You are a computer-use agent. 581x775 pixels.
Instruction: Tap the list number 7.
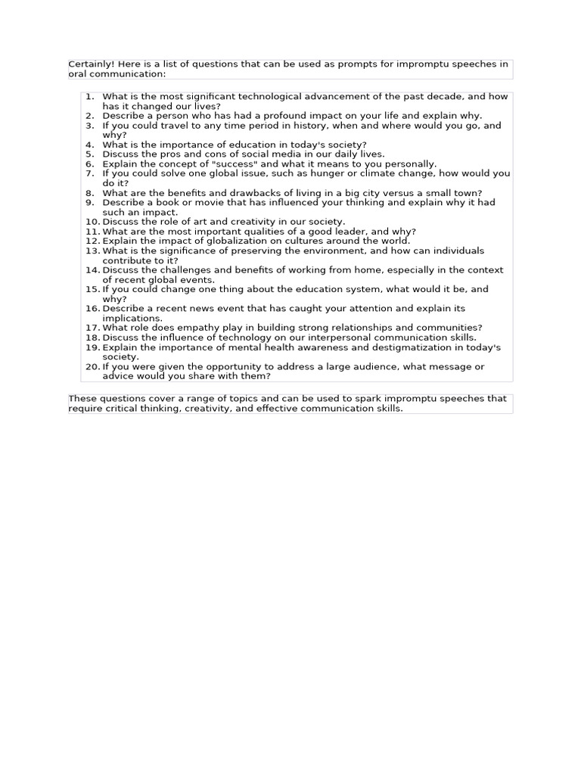[89, 174]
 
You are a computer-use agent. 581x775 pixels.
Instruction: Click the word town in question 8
[469, 194]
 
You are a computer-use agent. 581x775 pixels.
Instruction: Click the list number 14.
[92, 270]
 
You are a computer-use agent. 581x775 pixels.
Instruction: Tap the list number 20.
[92, 367]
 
